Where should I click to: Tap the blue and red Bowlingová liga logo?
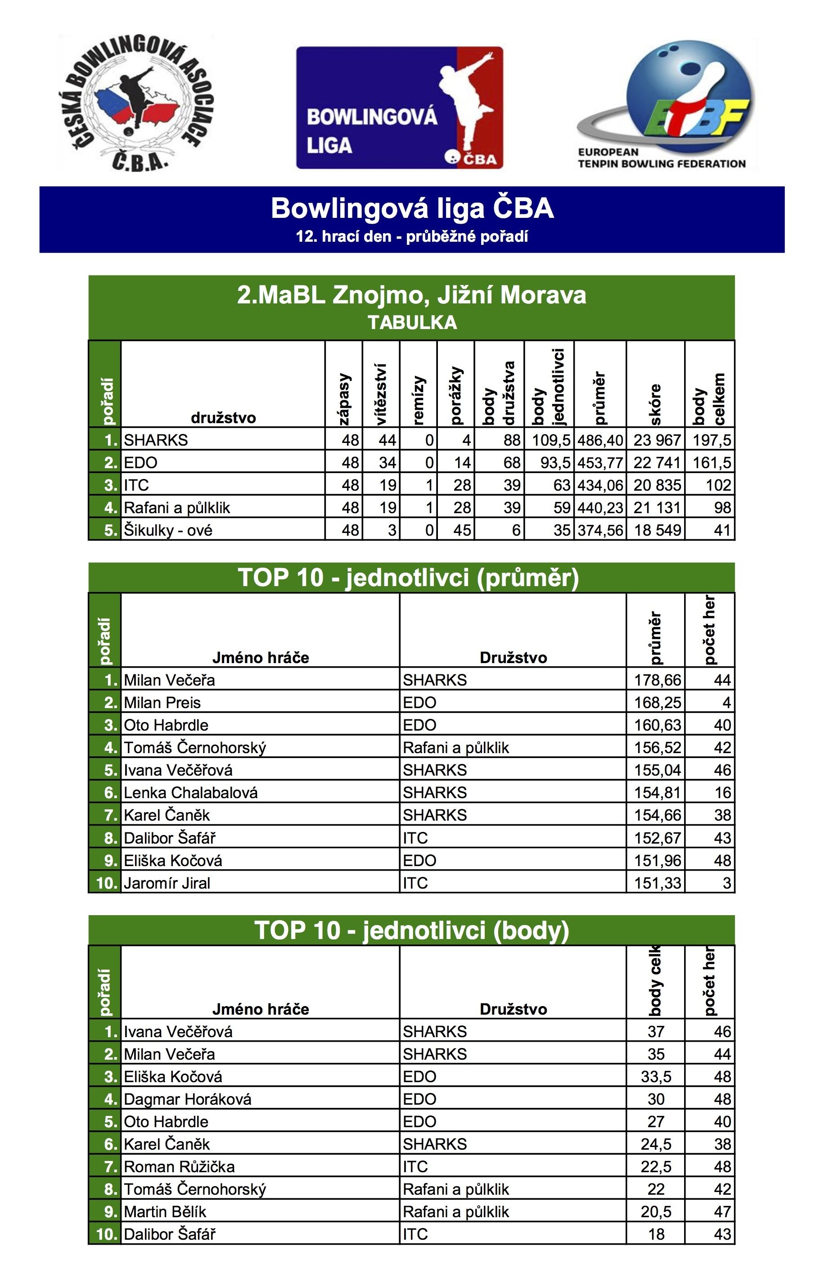click(x=399, y=108)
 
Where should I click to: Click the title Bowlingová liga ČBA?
click(x=412, y=208)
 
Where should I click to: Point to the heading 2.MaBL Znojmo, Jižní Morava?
click(x=411, y=295)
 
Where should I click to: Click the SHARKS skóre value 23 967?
click(x=657, y=440)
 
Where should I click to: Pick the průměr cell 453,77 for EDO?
click(x=600, y=462)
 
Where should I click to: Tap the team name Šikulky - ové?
click(x=168, y=530)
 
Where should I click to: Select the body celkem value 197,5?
click(x=712, y=440)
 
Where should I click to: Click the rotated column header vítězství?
click(x=381, y=394)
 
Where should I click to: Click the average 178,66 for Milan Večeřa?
click(x=657, y=680)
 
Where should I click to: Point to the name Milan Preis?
click(x=162, y=702)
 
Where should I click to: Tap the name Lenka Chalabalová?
click(x=191, y=792)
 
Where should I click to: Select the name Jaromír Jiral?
click(x=167, y=882)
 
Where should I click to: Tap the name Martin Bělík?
click(x=165, y=1212)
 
